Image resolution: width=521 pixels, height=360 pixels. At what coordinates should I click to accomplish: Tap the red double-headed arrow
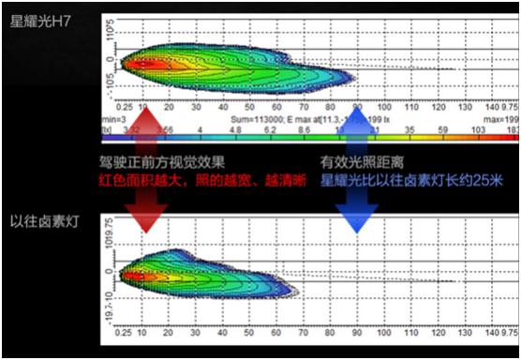point(144,183)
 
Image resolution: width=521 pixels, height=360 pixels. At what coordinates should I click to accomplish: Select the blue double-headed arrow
point(355,169)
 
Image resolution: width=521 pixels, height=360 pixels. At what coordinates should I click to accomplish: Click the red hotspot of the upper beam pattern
point(145,64)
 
